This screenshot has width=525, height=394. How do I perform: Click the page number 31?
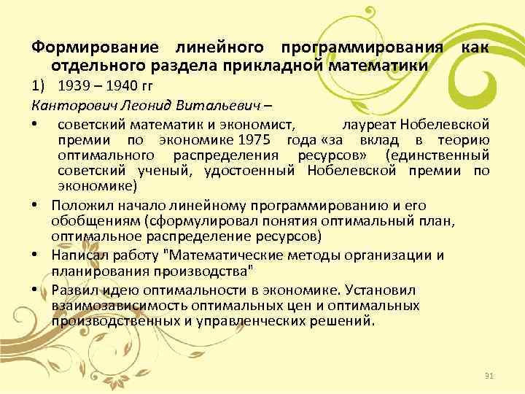tap(489, 376)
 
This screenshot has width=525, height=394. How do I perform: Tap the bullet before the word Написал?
tap(34, 255)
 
